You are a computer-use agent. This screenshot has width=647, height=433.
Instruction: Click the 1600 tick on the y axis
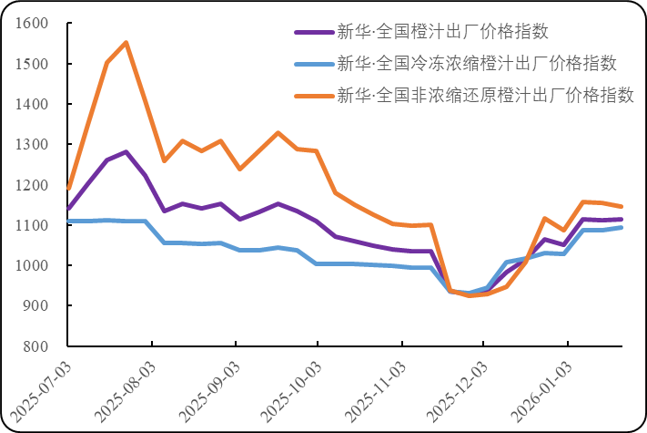[x=31, y=24]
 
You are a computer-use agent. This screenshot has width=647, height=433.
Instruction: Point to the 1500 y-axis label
[x=31, y=64]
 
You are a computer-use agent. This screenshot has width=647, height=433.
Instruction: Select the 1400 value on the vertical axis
[x=31, y=104]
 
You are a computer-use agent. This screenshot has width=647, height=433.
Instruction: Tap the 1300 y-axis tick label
[x=31, y=144]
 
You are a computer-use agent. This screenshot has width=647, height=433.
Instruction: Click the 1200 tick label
[x=31, y=185]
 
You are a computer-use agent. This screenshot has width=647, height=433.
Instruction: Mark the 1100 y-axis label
[x=31, y=225]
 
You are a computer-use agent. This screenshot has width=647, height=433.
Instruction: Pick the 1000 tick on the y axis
[x=31, y=265]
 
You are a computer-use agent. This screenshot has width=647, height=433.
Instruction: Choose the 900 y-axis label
[x=35, y=305]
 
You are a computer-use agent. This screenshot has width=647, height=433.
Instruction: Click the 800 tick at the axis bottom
[x=35, y=346]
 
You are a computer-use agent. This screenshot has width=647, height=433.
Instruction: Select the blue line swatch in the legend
[x=312, y=64]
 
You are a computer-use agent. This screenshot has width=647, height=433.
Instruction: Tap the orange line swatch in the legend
[x=312, y=95]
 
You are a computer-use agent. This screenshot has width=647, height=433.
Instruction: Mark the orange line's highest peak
[x=126, y=42]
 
